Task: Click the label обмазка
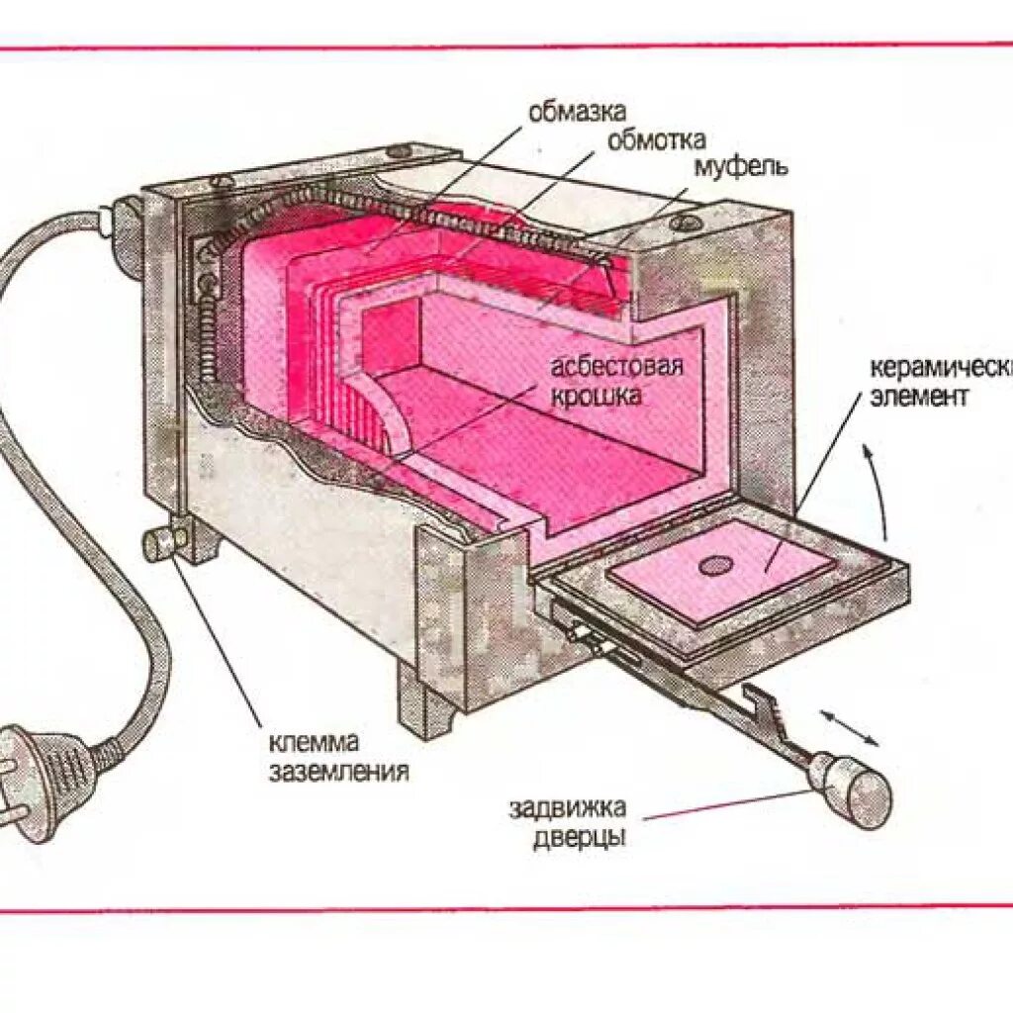577,112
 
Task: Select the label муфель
740,165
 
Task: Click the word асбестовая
618,368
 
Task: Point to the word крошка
598,396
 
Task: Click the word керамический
940,369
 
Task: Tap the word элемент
920,397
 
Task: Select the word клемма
313,742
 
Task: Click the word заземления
338,771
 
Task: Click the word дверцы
579,838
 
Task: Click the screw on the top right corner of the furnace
685,222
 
